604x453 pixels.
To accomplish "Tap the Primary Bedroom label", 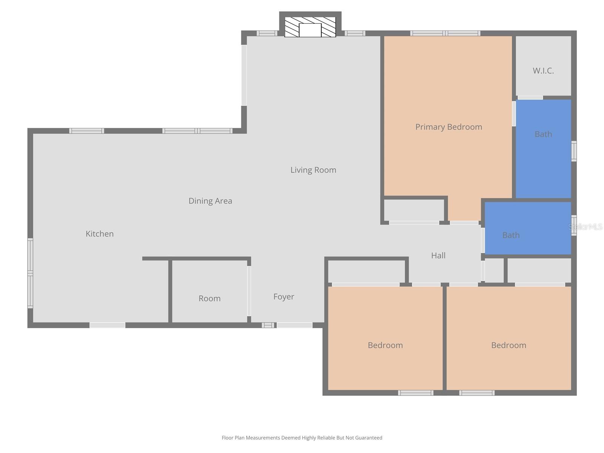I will (x=448, y=127).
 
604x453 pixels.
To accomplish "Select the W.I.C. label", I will (x=543, y=71).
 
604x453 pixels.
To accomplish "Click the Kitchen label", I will (x=100, y=234).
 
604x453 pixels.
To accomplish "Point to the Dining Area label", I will (x=210, y=201).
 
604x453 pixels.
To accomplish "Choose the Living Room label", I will (x=313, y=170).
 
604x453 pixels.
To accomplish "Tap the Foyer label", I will (x=284, y=297).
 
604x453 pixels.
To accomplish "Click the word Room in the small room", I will (x=210, y=298).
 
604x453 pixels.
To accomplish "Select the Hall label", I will (x=438, y=256).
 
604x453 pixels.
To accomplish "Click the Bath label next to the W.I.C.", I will (x=543, y=134).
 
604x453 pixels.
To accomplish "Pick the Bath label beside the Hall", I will (x=511, y=235).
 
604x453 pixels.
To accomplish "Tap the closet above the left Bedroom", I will (x=366, y=271).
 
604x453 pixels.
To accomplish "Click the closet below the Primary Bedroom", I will (x=414, y=210).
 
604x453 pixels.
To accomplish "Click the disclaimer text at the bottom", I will (x=302, y=438).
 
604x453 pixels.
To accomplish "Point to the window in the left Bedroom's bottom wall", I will (x=415, y=393).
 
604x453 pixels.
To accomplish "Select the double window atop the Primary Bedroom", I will (x=445, y=33).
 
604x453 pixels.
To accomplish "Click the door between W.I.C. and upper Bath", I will (x=530, y=97).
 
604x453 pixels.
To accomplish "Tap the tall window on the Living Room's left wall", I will (x=244, y=75).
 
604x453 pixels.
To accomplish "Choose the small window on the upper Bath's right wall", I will (x=574, y=151).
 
